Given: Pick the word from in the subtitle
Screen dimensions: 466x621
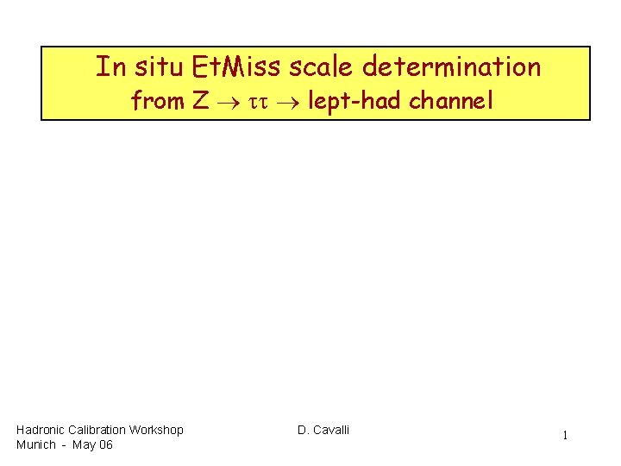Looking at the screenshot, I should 157,102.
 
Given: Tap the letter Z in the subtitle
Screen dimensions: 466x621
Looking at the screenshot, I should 200,102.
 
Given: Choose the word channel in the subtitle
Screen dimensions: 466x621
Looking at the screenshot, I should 449,102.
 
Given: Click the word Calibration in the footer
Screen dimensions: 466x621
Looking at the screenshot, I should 97,430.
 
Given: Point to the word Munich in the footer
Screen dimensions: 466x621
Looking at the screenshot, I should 35,444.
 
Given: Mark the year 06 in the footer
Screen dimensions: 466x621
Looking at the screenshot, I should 105,444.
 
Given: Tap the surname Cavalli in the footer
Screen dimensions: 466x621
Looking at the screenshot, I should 331,430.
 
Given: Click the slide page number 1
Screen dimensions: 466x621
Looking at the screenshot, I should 565,436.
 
